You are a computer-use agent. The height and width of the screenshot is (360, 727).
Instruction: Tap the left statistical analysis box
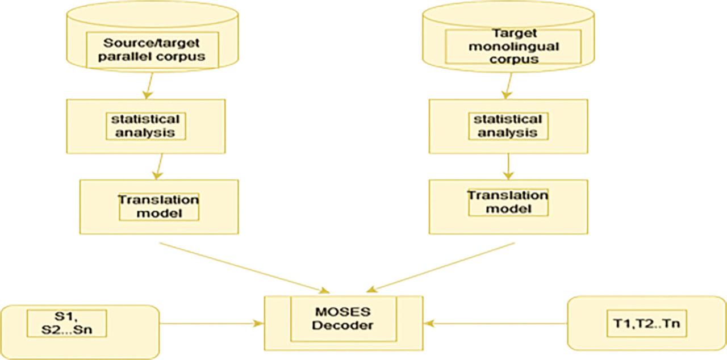tap(145, 126)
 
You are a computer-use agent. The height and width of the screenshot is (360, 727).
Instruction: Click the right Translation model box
tap(508, 203)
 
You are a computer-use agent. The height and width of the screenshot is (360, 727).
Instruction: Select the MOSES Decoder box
tap(343, 321)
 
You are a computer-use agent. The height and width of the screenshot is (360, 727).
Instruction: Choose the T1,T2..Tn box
tap(646, 324)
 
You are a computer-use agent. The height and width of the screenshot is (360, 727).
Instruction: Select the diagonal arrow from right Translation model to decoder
tap(443, 266)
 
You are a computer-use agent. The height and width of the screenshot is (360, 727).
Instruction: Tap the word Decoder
tap(342, 326)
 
